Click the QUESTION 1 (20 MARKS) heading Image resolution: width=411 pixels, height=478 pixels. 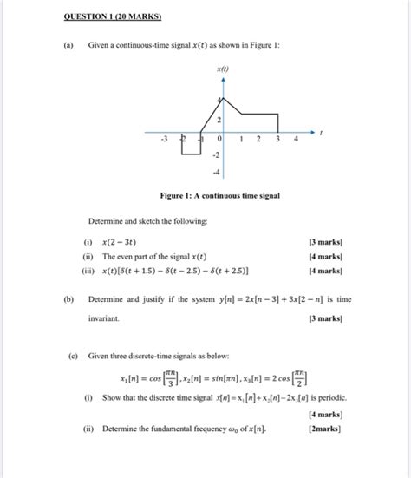[x=104, y=16]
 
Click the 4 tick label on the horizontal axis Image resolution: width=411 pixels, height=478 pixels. [x=297, y=138]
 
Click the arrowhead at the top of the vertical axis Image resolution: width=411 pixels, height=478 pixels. [x=223, y=78]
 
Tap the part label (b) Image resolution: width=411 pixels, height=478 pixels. [x=68, y=298]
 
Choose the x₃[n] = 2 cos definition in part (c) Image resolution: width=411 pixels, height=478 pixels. [x=282, y=378]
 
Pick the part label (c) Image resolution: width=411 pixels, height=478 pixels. [x=68, y=356]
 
